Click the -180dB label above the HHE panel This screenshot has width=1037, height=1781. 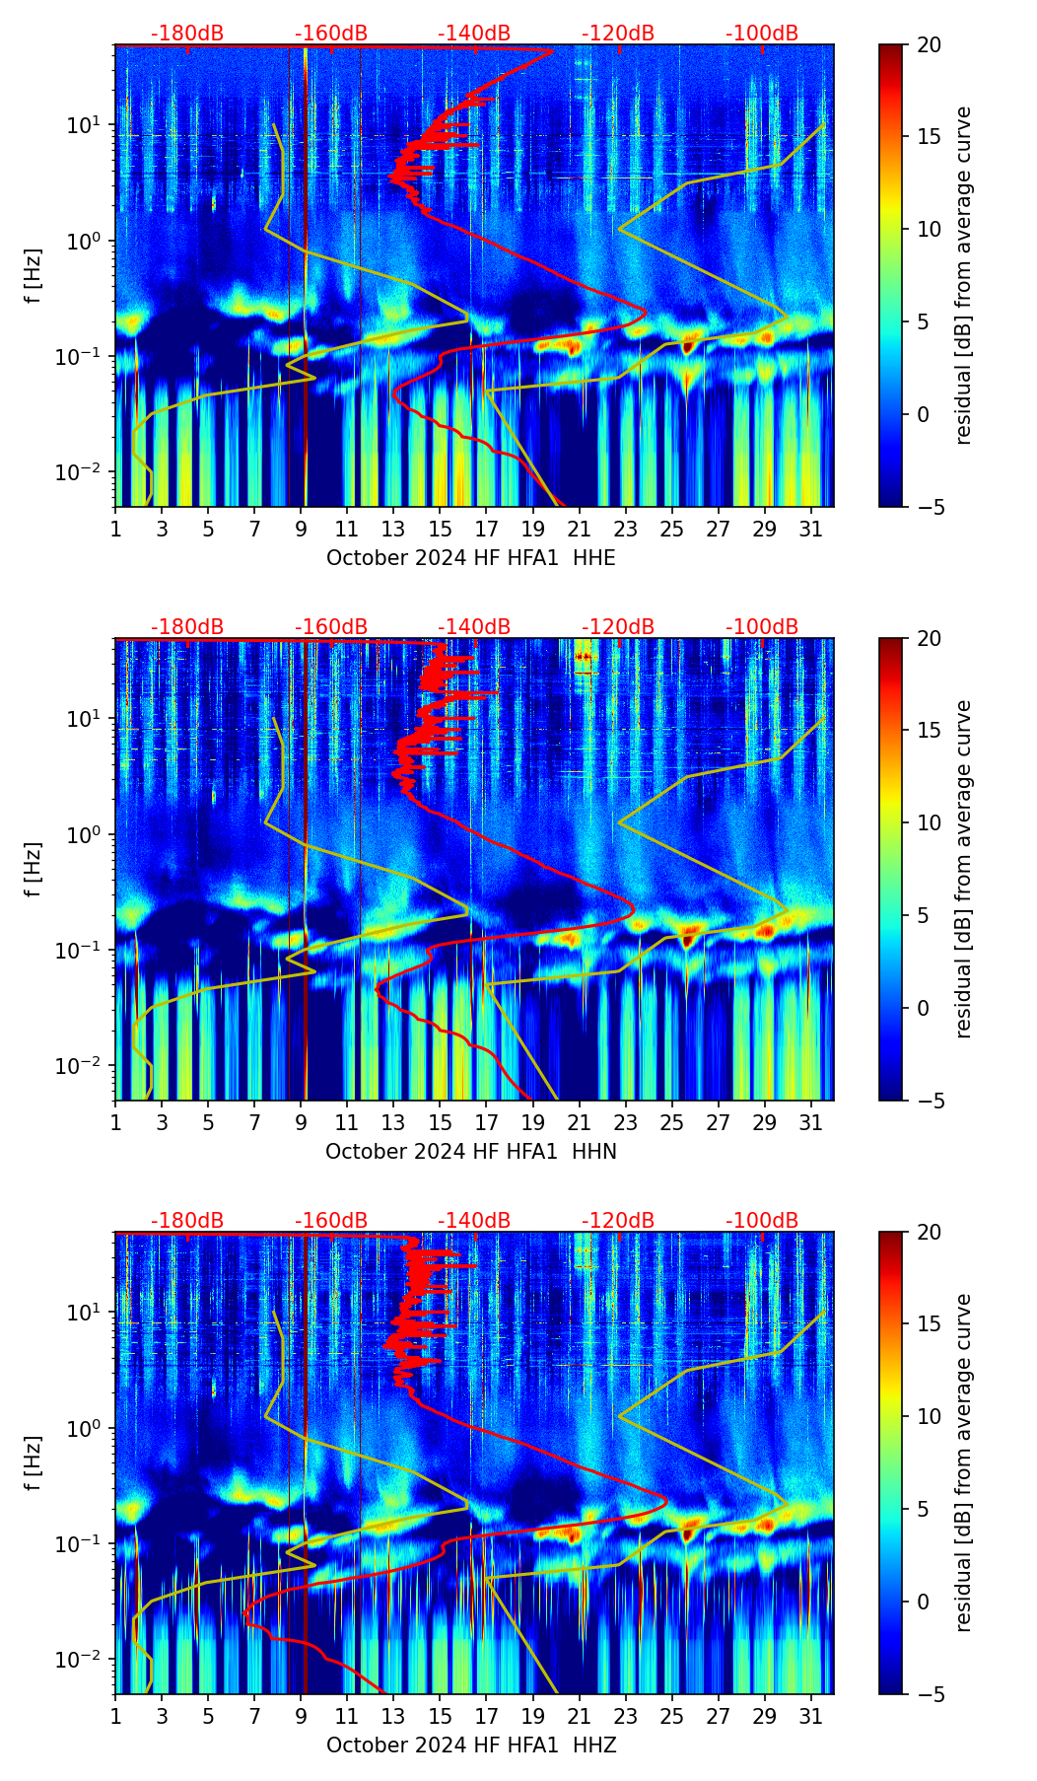point(187,34)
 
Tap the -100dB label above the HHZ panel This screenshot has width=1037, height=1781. point(762,1221)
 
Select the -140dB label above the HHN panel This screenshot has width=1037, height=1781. point(474,627)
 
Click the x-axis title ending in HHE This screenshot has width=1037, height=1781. point(470,558)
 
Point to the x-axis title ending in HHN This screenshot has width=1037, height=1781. point(470,1152)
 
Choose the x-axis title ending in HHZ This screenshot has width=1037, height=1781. point(470,1745)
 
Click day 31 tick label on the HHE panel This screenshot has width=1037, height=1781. point(811,530)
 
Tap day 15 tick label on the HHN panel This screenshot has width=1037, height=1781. point(440,1123)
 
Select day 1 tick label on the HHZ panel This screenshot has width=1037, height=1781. point(115,1717)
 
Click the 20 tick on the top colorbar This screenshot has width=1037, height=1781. point(929,45)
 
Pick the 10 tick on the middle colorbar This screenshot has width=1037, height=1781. point(929,822)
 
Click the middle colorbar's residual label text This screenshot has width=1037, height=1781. point(963,869)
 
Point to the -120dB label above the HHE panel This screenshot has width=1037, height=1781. point(618,34)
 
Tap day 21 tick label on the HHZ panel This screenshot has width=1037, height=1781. point(579,1717)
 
